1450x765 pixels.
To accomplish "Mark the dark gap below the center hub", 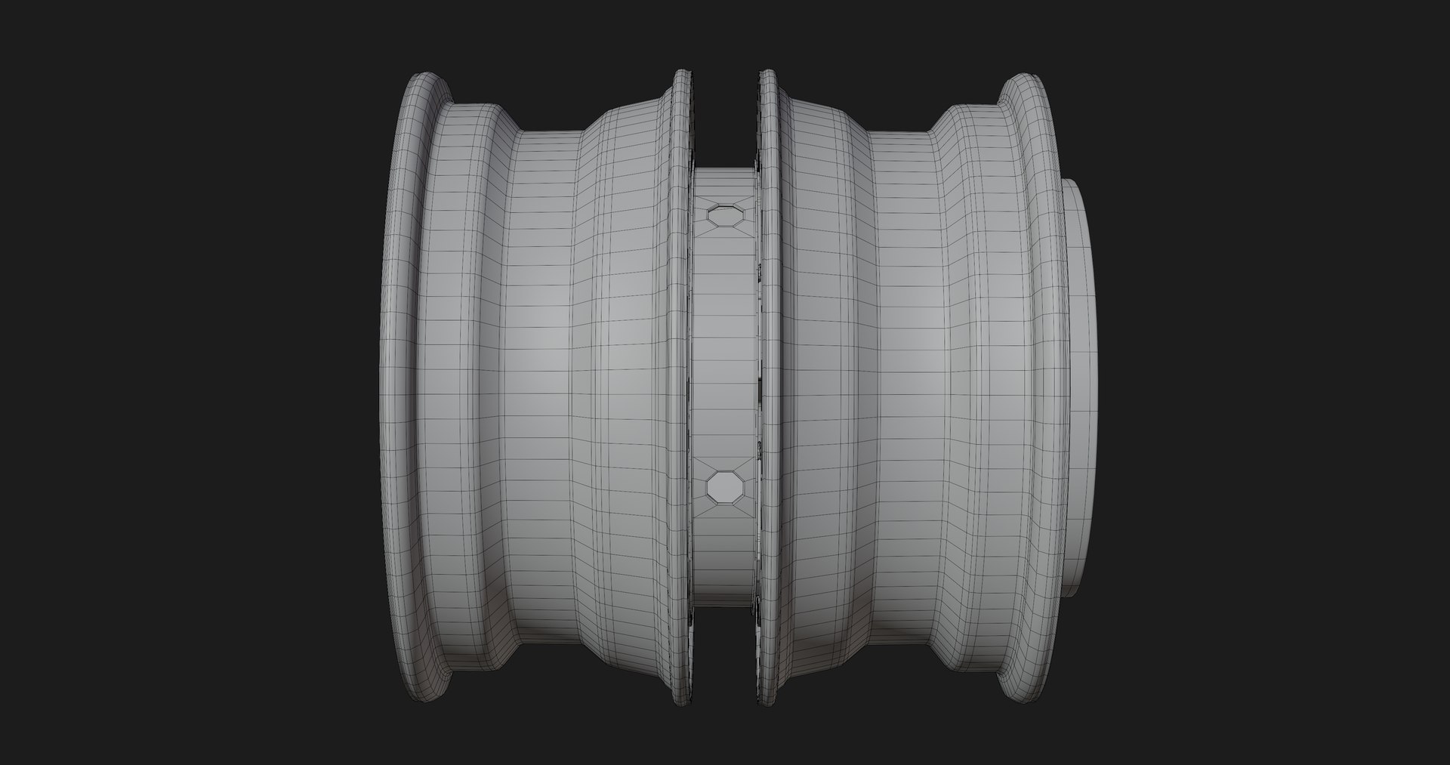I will [723, 649].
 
